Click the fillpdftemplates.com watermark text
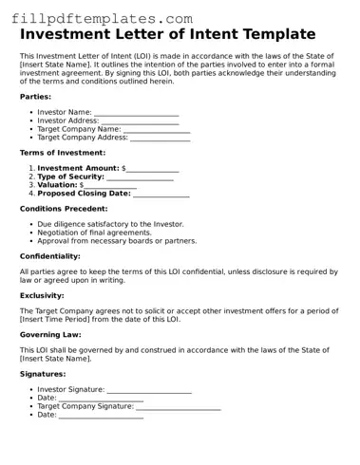point(97,17)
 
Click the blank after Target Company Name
point(157,130)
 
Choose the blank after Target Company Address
point(160,139)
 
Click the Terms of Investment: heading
point(63,152)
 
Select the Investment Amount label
point(78,168)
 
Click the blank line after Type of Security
point(140,177)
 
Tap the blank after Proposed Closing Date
point(161,195)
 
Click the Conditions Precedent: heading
point(64,208)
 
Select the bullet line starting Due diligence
point(110,224)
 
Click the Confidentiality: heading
point(50,255)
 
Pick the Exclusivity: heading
point(42,295)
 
